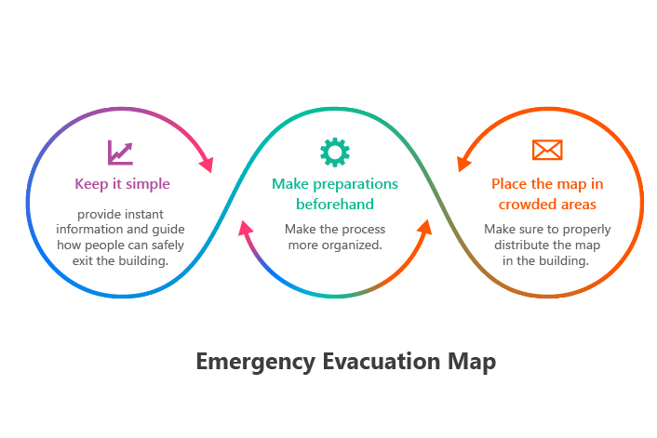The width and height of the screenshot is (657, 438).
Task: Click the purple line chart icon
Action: pyautogui.click(x=120, y=153)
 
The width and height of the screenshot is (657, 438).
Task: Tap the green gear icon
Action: pyautogui.click(x=335, y=152)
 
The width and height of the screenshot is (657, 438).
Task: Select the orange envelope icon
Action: pyautogui.click(x=547, y=150)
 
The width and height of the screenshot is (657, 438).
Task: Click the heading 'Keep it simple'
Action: pyautogui.click(x=122, y=184)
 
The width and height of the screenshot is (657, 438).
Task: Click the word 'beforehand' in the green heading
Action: pyautogui.click(x=335, y=204)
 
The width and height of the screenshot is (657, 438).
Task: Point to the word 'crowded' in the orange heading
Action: pyautogui.click(x=524, y=205)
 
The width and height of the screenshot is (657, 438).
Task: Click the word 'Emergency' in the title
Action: pyautogui.click(x=256, y=362)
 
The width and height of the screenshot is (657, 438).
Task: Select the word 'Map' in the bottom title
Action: pyautogui.click(x=472, y=362)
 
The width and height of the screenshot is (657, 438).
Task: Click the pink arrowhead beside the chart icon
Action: pyautogui.click(x=207, y=165)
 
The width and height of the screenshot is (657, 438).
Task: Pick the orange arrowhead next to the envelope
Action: pyautogui.click(x=463, y=164)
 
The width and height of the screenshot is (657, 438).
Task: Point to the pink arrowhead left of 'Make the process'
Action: pyautogui.click(x=245, y=228)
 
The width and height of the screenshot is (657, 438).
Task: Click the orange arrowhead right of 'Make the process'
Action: pyautogui.click(x=425, y=228)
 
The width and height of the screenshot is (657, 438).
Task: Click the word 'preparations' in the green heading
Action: pyautogui.click(x=355, y=184)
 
